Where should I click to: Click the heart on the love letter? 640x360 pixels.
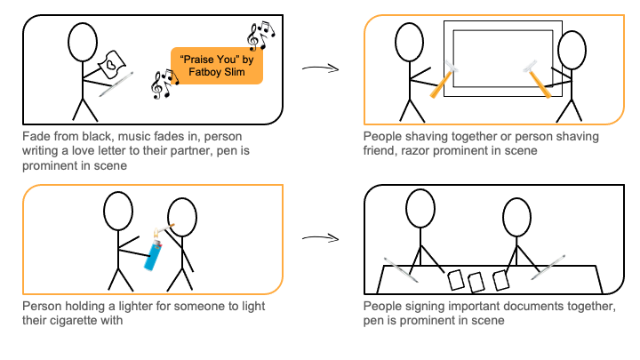pyautogui.click(x=108, y=64)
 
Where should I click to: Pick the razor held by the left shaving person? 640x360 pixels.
pyautogui.click(x=442, y=79)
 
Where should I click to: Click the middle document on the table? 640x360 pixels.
pyautogui.click(x=476, y=281)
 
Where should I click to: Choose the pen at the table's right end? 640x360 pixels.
pyautogui.click(x=549, y=267)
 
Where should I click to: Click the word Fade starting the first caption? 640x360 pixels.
pyautogui.click(x=37, y=136)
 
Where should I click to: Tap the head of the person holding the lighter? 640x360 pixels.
pyautogui.click(x=119, y=212)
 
